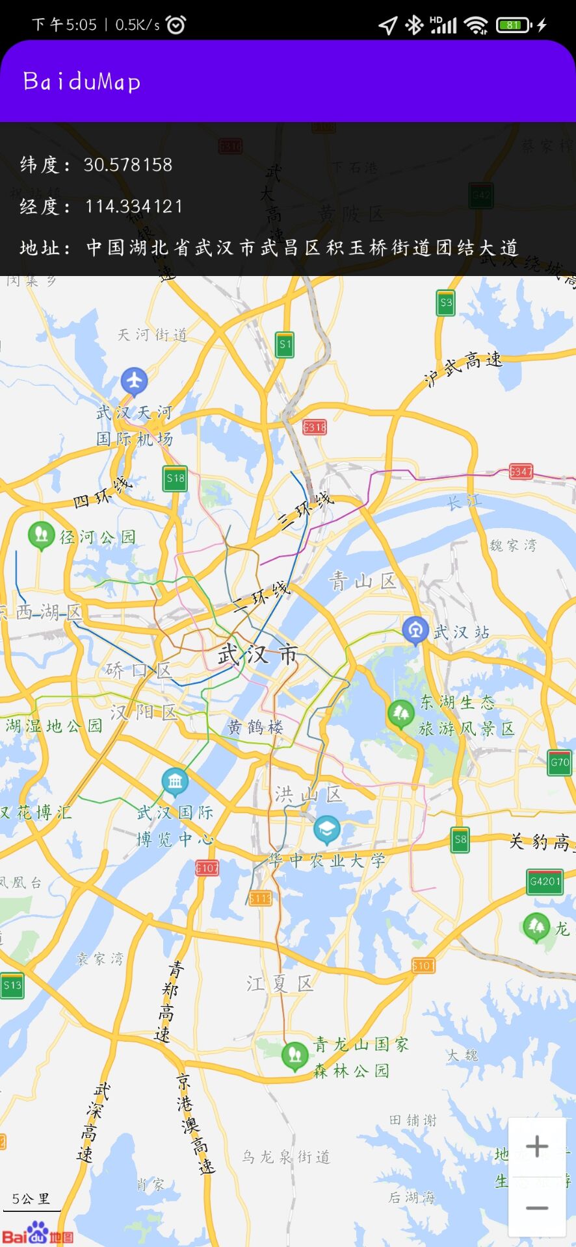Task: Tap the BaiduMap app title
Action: pos(81,82)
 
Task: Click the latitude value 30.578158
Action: pos(127,165)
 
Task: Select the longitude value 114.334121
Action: pos(133,207)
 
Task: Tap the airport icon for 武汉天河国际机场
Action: pos(135,381)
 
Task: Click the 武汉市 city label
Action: pos(258,655)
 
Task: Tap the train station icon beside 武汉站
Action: pos(415,630)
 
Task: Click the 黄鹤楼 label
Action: pos(255,727)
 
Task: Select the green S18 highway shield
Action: pos(176,479)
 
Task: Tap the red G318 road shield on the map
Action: pos(314,427)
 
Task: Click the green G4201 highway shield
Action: pos(544,881)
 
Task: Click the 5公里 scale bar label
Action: pos(31,1199)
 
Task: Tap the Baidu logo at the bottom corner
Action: pos(37,1233)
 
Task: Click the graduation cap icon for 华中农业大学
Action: pos(326,828)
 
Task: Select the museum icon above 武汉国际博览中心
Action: pos(175,781)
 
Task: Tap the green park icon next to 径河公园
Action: pos(41,535)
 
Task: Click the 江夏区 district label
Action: pos(280,983)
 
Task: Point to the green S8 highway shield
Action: pos(460,839)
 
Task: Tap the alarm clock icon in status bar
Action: pos(176,25)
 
